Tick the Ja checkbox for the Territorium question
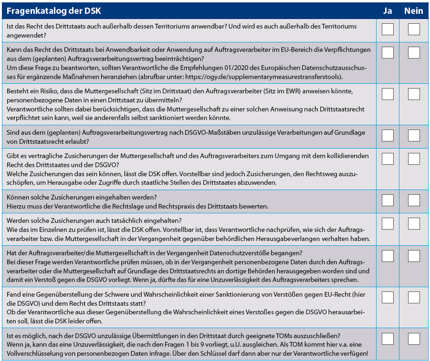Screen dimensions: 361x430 pos(388,30)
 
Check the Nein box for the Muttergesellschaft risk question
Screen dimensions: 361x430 pos(414,94)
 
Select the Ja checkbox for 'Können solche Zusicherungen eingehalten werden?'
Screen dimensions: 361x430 pos(388,200)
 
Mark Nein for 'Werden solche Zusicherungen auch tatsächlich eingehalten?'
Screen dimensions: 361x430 pos(414,223)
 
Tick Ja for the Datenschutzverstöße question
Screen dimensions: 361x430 pos(388,256)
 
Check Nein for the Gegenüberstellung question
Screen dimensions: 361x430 pos(414,298)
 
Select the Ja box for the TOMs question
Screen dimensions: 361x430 pos(388,339)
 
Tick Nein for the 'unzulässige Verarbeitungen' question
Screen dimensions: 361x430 pos(414,136)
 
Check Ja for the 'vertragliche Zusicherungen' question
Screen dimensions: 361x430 pos(388,159)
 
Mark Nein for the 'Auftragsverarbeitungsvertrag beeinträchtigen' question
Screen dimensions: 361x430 pos(414,52)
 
